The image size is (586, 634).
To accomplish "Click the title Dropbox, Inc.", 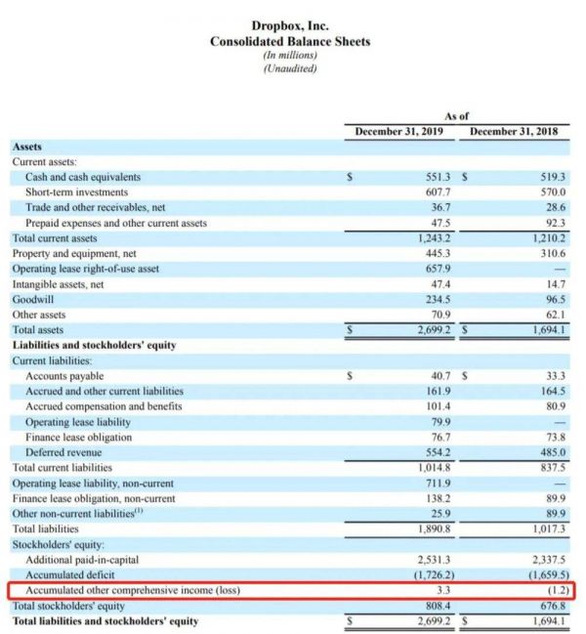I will point(290,26).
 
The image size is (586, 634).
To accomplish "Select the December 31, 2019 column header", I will point(398,131).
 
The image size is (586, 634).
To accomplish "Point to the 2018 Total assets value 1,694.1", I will point(546,330).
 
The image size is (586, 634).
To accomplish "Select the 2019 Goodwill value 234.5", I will point(437,300).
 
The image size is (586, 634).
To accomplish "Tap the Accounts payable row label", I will point(64,376).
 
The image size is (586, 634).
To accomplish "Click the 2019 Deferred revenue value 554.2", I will point(437,452).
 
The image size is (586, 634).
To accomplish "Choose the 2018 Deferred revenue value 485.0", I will point(551,452).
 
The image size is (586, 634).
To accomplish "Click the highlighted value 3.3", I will point(441,591).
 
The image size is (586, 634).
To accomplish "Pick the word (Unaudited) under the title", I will point(290,67).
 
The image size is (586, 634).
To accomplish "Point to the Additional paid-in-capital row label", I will point(82,560).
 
